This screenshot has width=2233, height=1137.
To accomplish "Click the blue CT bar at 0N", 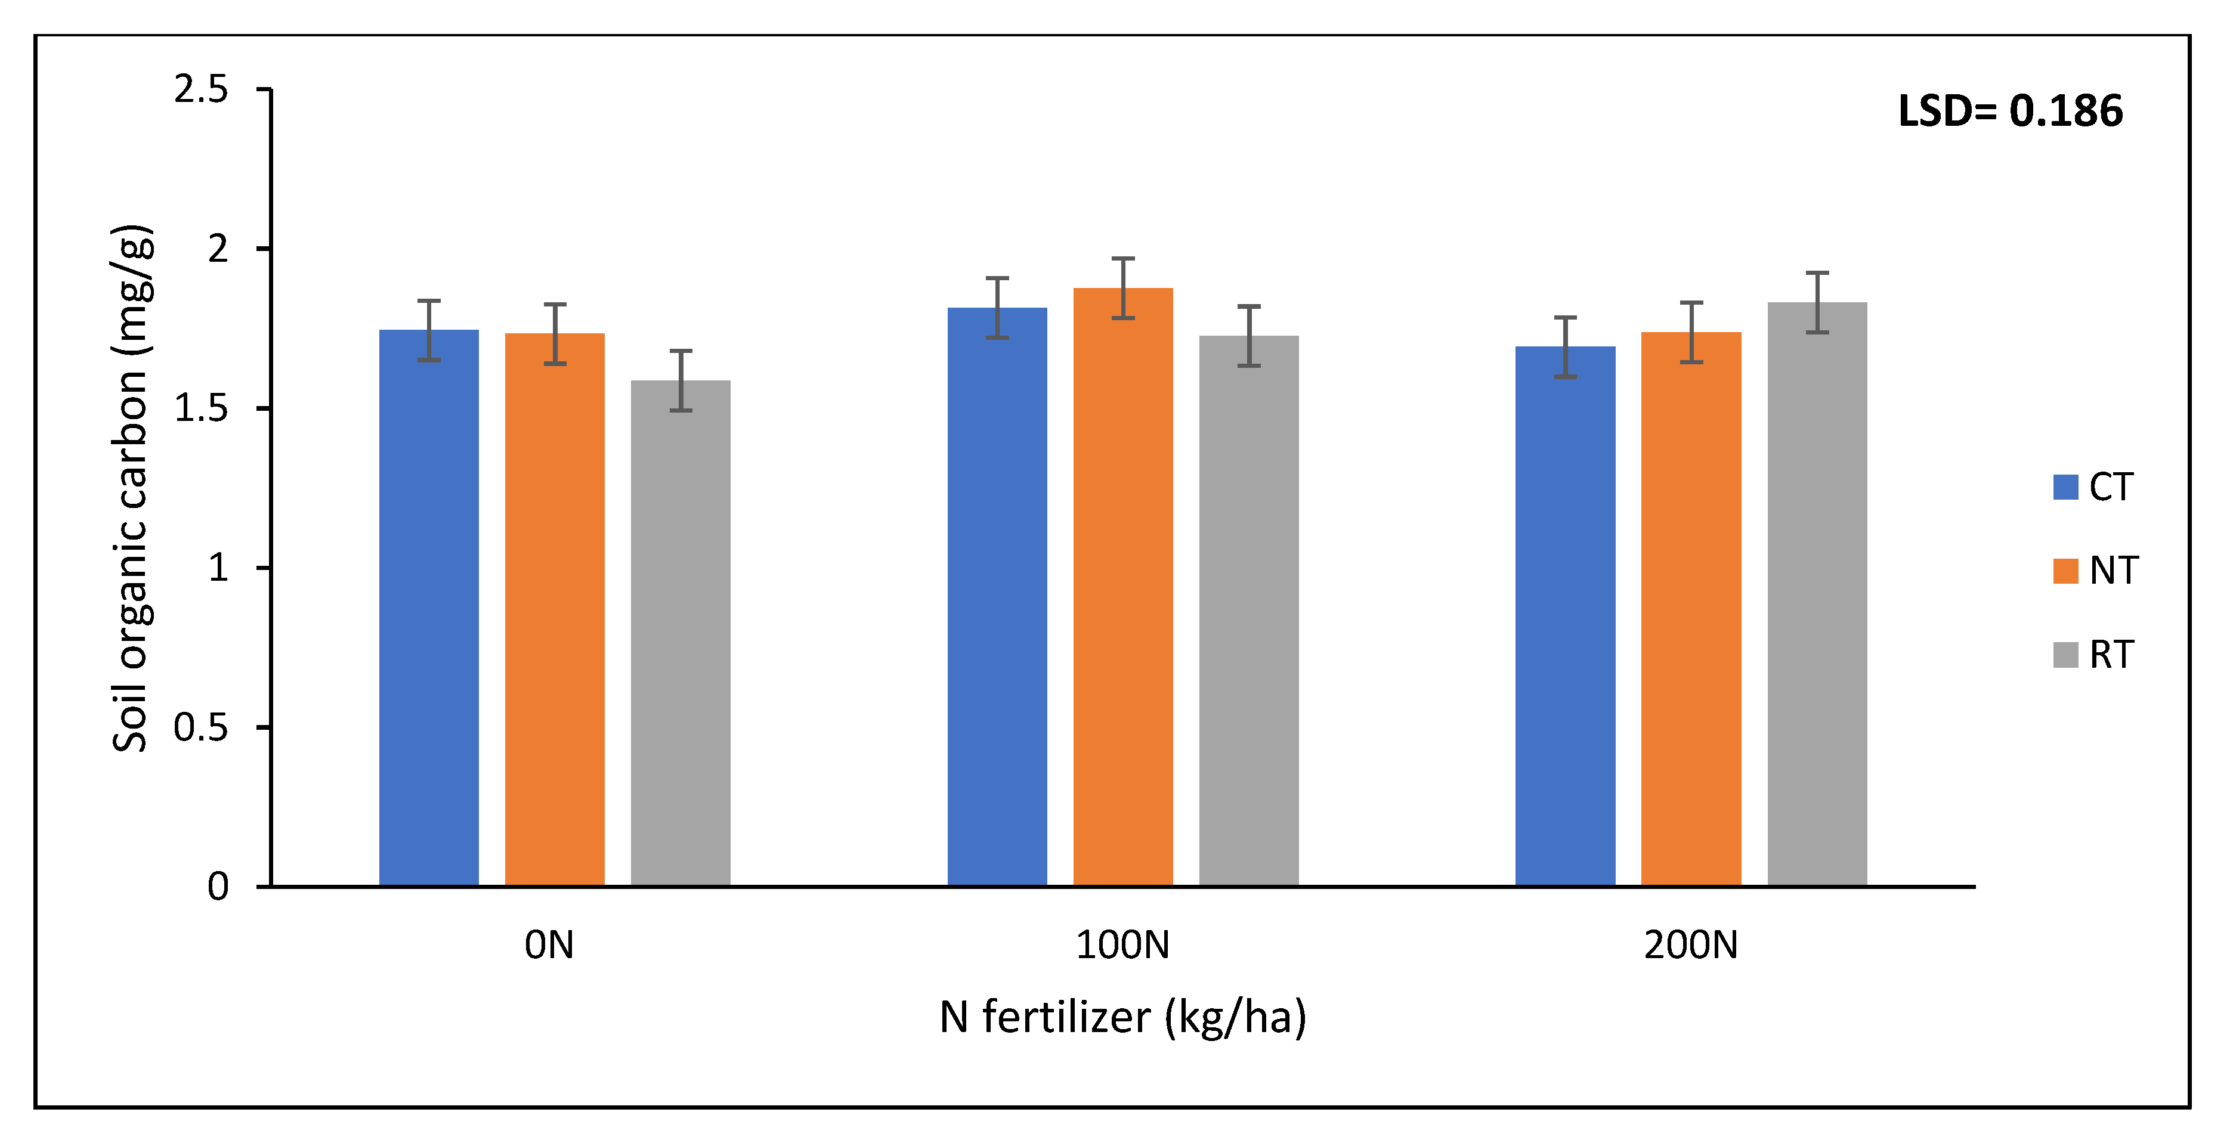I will (x=429, y=606).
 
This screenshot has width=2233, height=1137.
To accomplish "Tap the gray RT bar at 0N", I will (x=681, y=633).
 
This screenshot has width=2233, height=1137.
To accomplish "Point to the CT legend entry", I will (x=2094, y=487).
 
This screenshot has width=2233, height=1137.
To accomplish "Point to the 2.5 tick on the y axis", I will (x=201, y=89).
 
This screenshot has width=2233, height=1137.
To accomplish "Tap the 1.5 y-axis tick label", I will (x=201, y=408).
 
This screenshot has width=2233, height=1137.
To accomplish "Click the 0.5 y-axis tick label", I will (x=201, y=727).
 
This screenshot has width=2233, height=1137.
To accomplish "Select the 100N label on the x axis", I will (x=1122, y=944).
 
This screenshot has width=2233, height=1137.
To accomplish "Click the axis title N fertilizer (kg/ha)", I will (x=1122, y=1017).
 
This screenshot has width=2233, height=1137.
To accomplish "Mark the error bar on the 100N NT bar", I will (x=1122, y=288).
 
